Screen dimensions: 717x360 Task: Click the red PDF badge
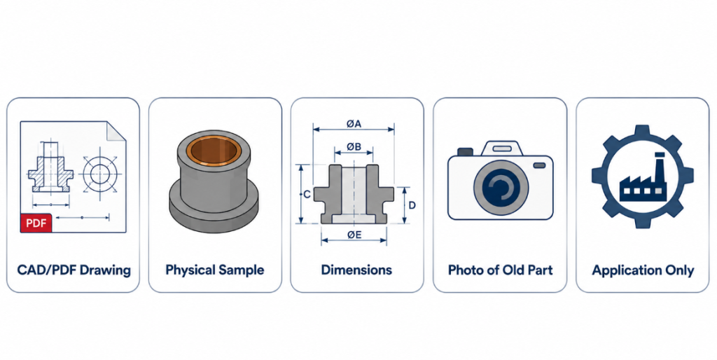pos(36,223)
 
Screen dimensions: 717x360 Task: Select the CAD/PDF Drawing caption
pos(74,270)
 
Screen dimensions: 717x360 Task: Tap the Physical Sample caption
pos(215,270)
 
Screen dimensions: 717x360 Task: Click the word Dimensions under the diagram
pos(356,270)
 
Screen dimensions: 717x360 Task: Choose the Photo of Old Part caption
pos(500,270)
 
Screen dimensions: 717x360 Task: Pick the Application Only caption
pos(643,270)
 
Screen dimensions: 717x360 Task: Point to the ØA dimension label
pos(354,123)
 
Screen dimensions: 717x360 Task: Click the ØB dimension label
pos(354,147)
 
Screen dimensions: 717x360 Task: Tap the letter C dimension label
pos(307,195)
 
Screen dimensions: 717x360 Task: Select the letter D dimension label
pos(412,205)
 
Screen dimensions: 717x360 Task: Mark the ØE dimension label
pos(354,235)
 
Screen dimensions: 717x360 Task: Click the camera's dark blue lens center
pos(501,188)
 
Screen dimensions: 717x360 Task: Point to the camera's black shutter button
pos(465,152)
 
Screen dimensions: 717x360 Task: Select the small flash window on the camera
pos(540,165)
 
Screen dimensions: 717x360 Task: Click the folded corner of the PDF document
pos(116,131)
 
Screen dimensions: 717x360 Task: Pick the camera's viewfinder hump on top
pos(501,148)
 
